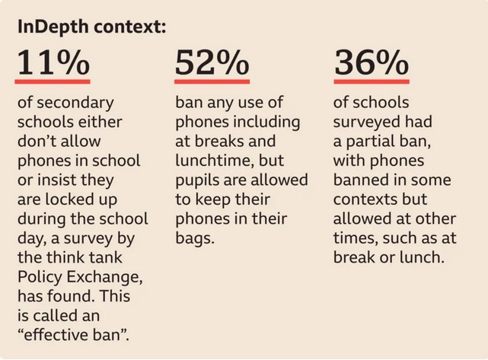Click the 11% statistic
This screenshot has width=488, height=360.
point(53,62)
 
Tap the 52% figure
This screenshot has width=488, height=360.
point(212,62)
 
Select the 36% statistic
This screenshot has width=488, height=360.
point(371,62)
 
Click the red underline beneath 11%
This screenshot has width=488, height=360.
point(53,80)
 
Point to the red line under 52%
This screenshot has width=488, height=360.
point(212,80)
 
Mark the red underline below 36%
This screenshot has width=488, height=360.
point(371,80)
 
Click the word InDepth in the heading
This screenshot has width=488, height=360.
point(49,27)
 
